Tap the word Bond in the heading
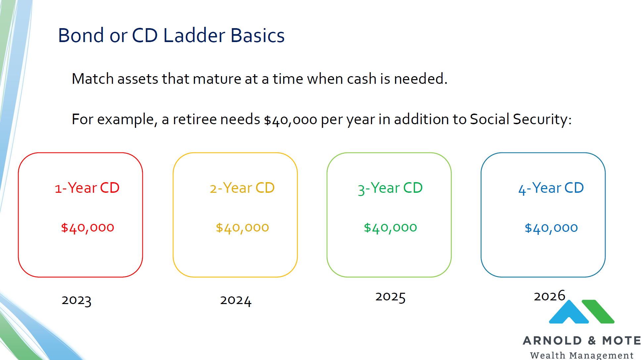point(81,35)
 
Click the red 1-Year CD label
point(87,188)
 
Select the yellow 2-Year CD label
point(242,188)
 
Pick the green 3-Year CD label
point(390,188)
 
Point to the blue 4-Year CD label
point(551,188)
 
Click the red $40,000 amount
point(88,228)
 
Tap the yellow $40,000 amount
point(242,228)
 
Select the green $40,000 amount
point(390,228)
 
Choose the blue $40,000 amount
point(551,228)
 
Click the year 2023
point(76,300)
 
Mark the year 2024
point(236,300)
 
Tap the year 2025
point(390,297)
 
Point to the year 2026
point(549,296)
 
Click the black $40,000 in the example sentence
point(290,120)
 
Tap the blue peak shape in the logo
point(569,312)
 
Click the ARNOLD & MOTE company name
point(581,340)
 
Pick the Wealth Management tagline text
point(581,355)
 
